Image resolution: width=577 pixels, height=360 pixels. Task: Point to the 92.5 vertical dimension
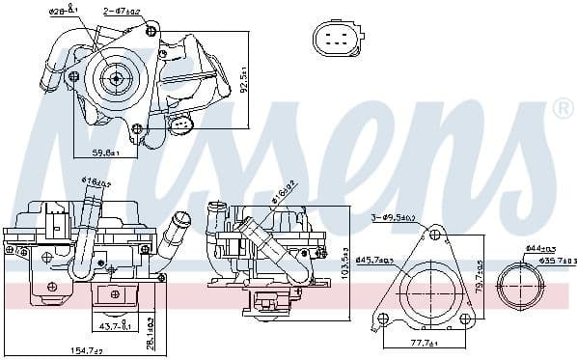(246, 79)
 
